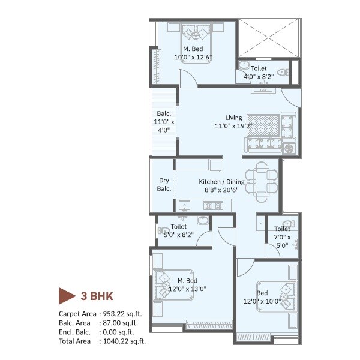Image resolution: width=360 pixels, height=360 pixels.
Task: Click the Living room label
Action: (234, 118)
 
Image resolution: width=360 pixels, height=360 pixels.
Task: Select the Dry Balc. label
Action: (164, 184)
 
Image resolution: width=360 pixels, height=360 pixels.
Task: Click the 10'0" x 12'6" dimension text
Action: (193, 58)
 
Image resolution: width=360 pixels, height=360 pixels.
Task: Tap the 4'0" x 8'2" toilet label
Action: (259, 77)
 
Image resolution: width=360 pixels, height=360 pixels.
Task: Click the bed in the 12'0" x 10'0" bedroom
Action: (278, 296)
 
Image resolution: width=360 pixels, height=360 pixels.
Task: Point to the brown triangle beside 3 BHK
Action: (67, 296)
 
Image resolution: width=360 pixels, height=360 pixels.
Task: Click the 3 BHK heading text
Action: (97, 296)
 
